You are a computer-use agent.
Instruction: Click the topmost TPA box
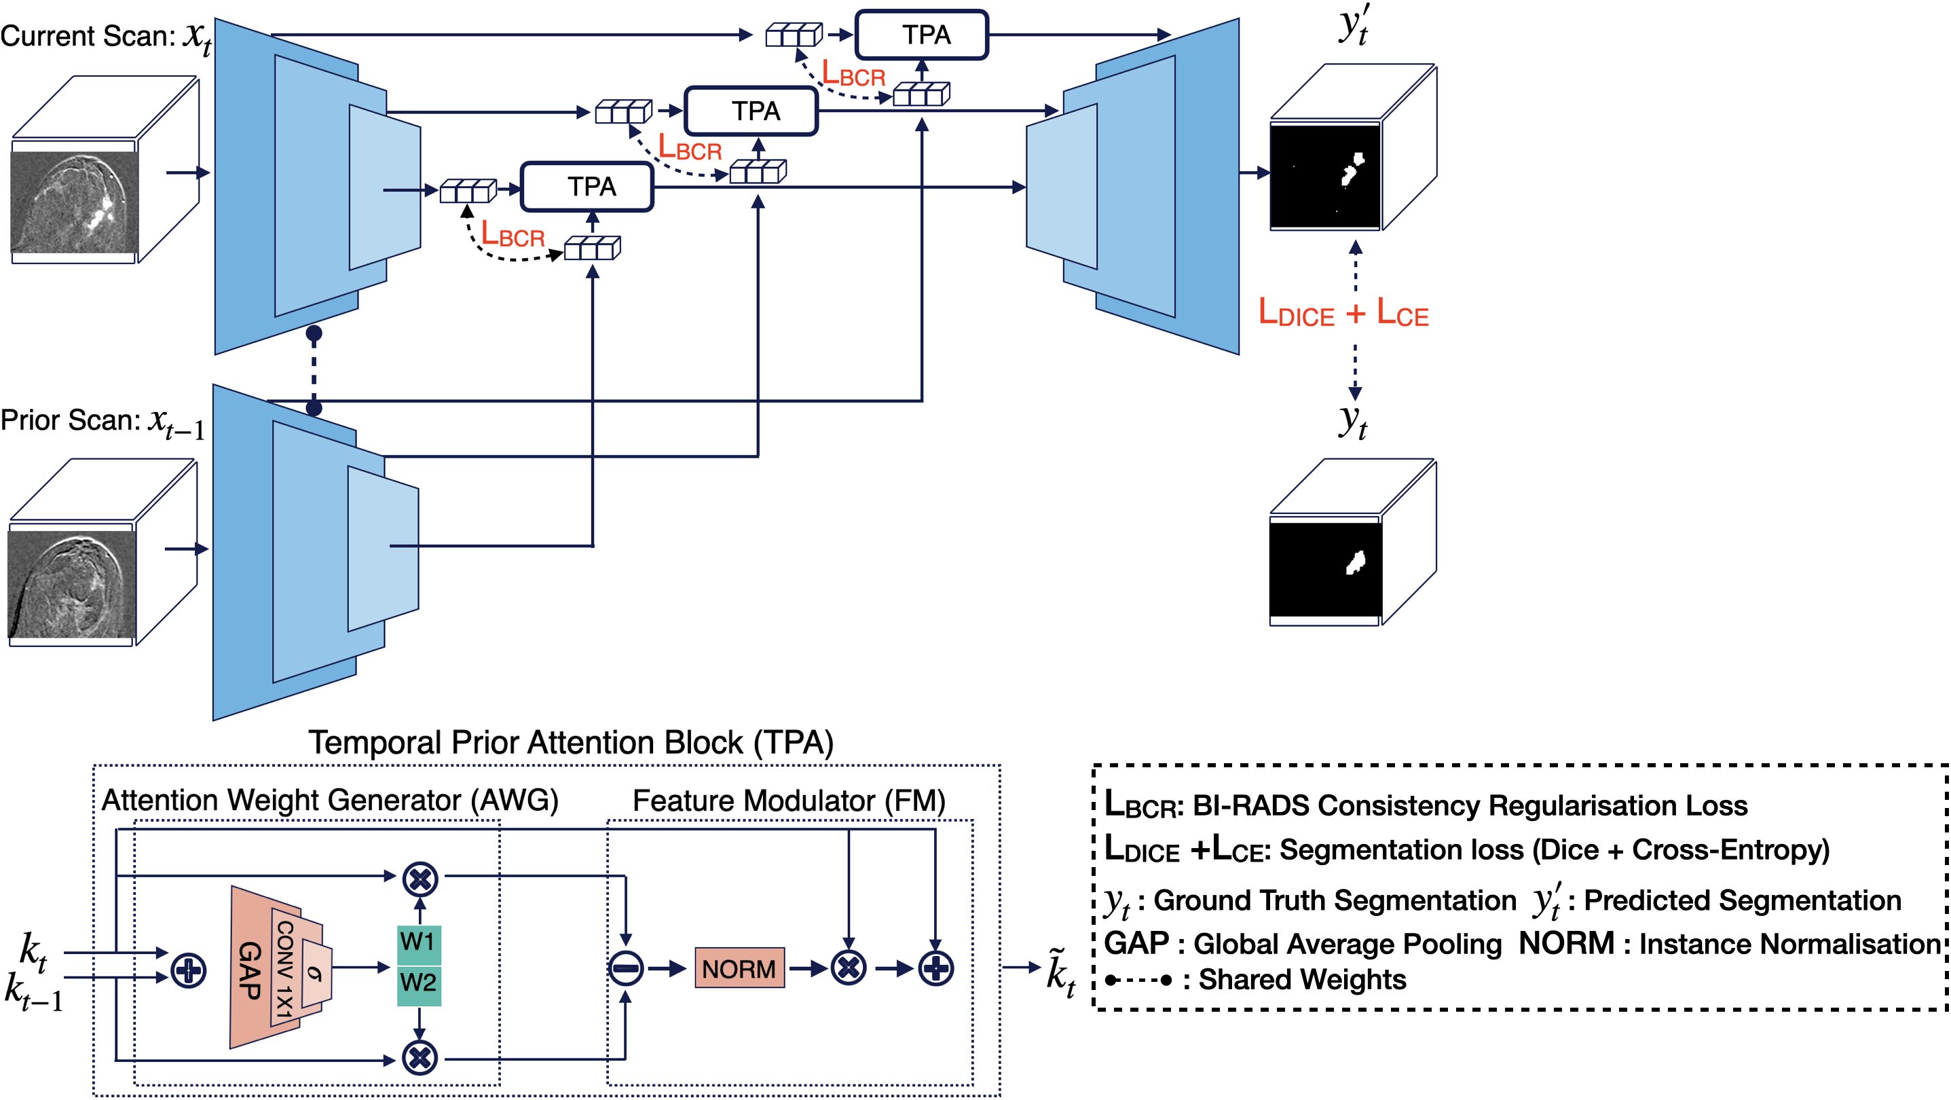pyautogui.click(x=922, y=35)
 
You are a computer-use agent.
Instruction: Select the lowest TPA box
pyautogui.click(x=588, y=186)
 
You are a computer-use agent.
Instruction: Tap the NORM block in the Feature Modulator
pyautogui.click(x=739, y=968)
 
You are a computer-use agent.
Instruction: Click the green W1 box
pyautogui.click(x=419, y=942)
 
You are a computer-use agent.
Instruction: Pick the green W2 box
pyautogui.click(x=419, y=983)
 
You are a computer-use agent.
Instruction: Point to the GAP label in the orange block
pyautogui.click(x=250, y=970)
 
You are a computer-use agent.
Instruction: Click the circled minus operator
pyautogui.click(x=627, y=968)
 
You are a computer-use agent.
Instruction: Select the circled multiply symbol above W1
pyautogui.click(x=420, y=879)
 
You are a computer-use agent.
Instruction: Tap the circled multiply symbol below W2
pyautogui.click(x=420, y=1058)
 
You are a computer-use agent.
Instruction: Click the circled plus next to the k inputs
pyautogui.click(x=189, y=970)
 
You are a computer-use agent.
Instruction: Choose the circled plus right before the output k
pyautogui.click(x=936, y=968)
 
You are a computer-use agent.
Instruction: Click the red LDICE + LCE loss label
pyautogui.click(x=1343, y=312)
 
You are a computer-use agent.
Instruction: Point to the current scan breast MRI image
pyautogui.click(x=74, y=202)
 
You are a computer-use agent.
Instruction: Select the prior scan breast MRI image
pyautogui.click(x=72, y=584)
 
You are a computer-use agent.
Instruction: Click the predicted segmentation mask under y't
pyautogui.click(x=1325, y=176)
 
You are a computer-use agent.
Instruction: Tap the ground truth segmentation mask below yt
pyautogui.click(x=1325, y=569)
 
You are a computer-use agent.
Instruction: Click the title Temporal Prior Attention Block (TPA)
pyautogui.click(x=570, y=742)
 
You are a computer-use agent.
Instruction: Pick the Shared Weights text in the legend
pyautogui.click(x=1302, y=980)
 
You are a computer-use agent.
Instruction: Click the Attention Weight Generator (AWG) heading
pyautogui.click(x=330, y=801)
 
